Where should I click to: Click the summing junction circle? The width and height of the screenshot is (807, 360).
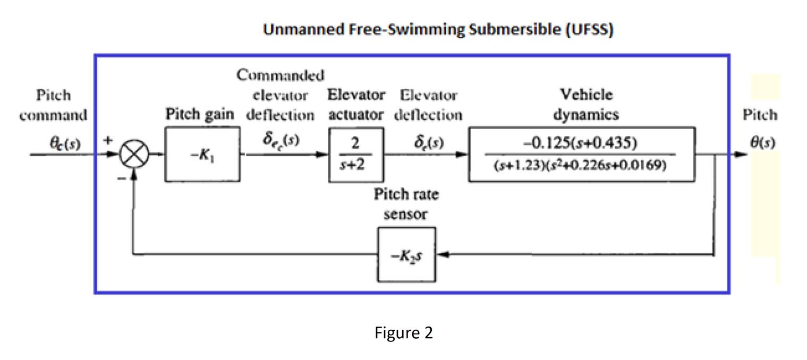[x=133, y=156]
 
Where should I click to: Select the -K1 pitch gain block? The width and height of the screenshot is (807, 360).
[x=202, y=156]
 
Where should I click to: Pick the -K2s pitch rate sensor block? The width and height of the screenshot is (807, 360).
[x=407, y=254]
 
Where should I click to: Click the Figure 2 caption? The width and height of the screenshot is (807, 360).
[x=403, y=333]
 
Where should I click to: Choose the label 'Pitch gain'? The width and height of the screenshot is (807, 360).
[x=200, y=115]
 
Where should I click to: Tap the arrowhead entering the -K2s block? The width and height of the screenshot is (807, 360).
[x=441, y=255]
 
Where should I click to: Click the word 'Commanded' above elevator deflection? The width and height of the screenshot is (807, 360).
[x=280, y=76]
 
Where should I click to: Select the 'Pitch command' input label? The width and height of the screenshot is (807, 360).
[x=53, y=105]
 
